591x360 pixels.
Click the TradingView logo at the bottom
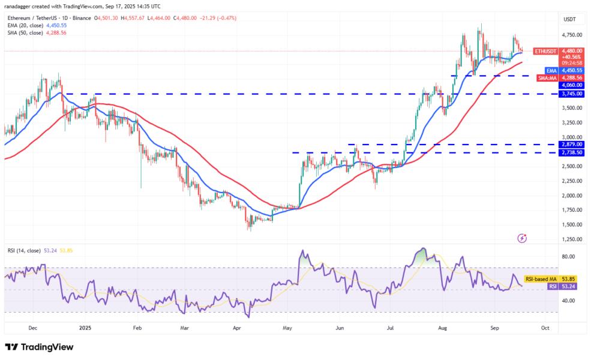click(39, 347)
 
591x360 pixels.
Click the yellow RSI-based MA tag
click(542, 279)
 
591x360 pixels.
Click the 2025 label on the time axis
click(85, 328)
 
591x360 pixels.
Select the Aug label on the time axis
click(443, 328)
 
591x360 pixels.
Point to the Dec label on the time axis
click(33, 328)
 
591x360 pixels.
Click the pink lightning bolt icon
click(521, 238)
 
